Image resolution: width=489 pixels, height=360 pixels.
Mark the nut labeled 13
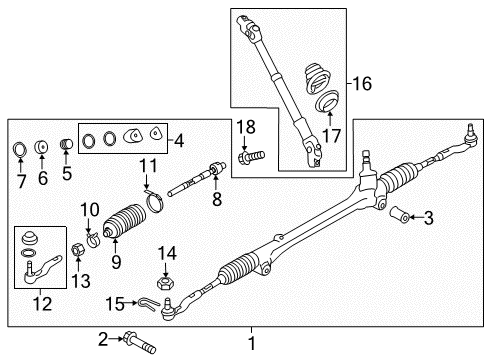[78, 248]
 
